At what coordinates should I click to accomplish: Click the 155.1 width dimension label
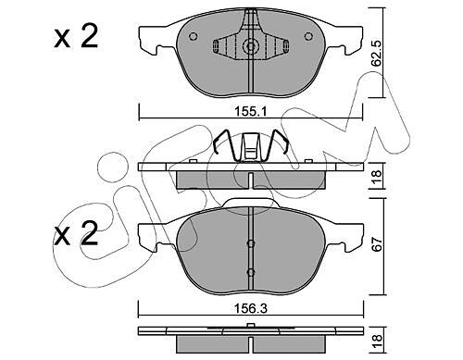coord(250,111)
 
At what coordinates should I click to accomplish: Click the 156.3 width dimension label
coord(251,308)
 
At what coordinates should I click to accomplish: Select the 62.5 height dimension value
coord(377,53)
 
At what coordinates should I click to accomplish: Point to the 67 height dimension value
coord(377,243)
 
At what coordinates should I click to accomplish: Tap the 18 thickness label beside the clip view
coord(377,177)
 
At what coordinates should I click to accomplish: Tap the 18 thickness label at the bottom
coord(377,341)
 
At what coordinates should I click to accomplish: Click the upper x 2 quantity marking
coord(76,36)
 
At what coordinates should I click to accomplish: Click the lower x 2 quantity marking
coord(76,233)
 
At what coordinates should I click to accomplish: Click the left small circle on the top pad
coord(193,36)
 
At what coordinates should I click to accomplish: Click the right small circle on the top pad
coord(308,36)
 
